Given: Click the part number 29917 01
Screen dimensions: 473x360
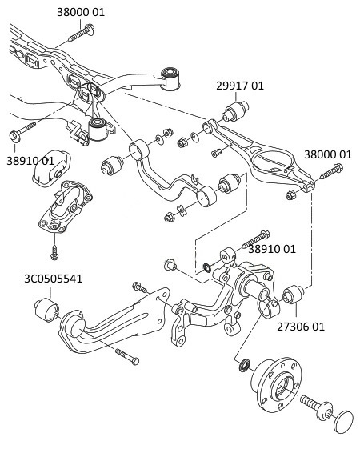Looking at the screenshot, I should [239, 86].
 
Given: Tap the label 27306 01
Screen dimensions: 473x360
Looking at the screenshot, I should [301, 327].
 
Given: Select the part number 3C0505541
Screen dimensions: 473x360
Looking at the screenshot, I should [53, 279].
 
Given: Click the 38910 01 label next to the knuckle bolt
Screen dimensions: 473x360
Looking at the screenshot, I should [272, 249].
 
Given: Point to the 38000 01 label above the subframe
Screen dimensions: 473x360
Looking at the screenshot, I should [81, 12].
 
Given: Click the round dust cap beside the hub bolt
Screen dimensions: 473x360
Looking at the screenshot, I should [343, 421].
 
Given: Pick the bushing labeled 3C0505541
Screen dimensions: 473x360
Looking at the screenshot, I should [45, 308].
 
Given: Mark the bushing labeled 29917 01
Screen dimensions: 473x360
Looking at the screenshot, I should [238, 109].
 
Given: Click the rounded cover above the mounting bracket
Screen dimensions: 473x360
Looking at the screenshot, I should [50, 162].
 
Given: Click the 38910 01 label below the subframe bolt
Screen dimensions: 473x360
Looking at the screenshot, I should [30, 160].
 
